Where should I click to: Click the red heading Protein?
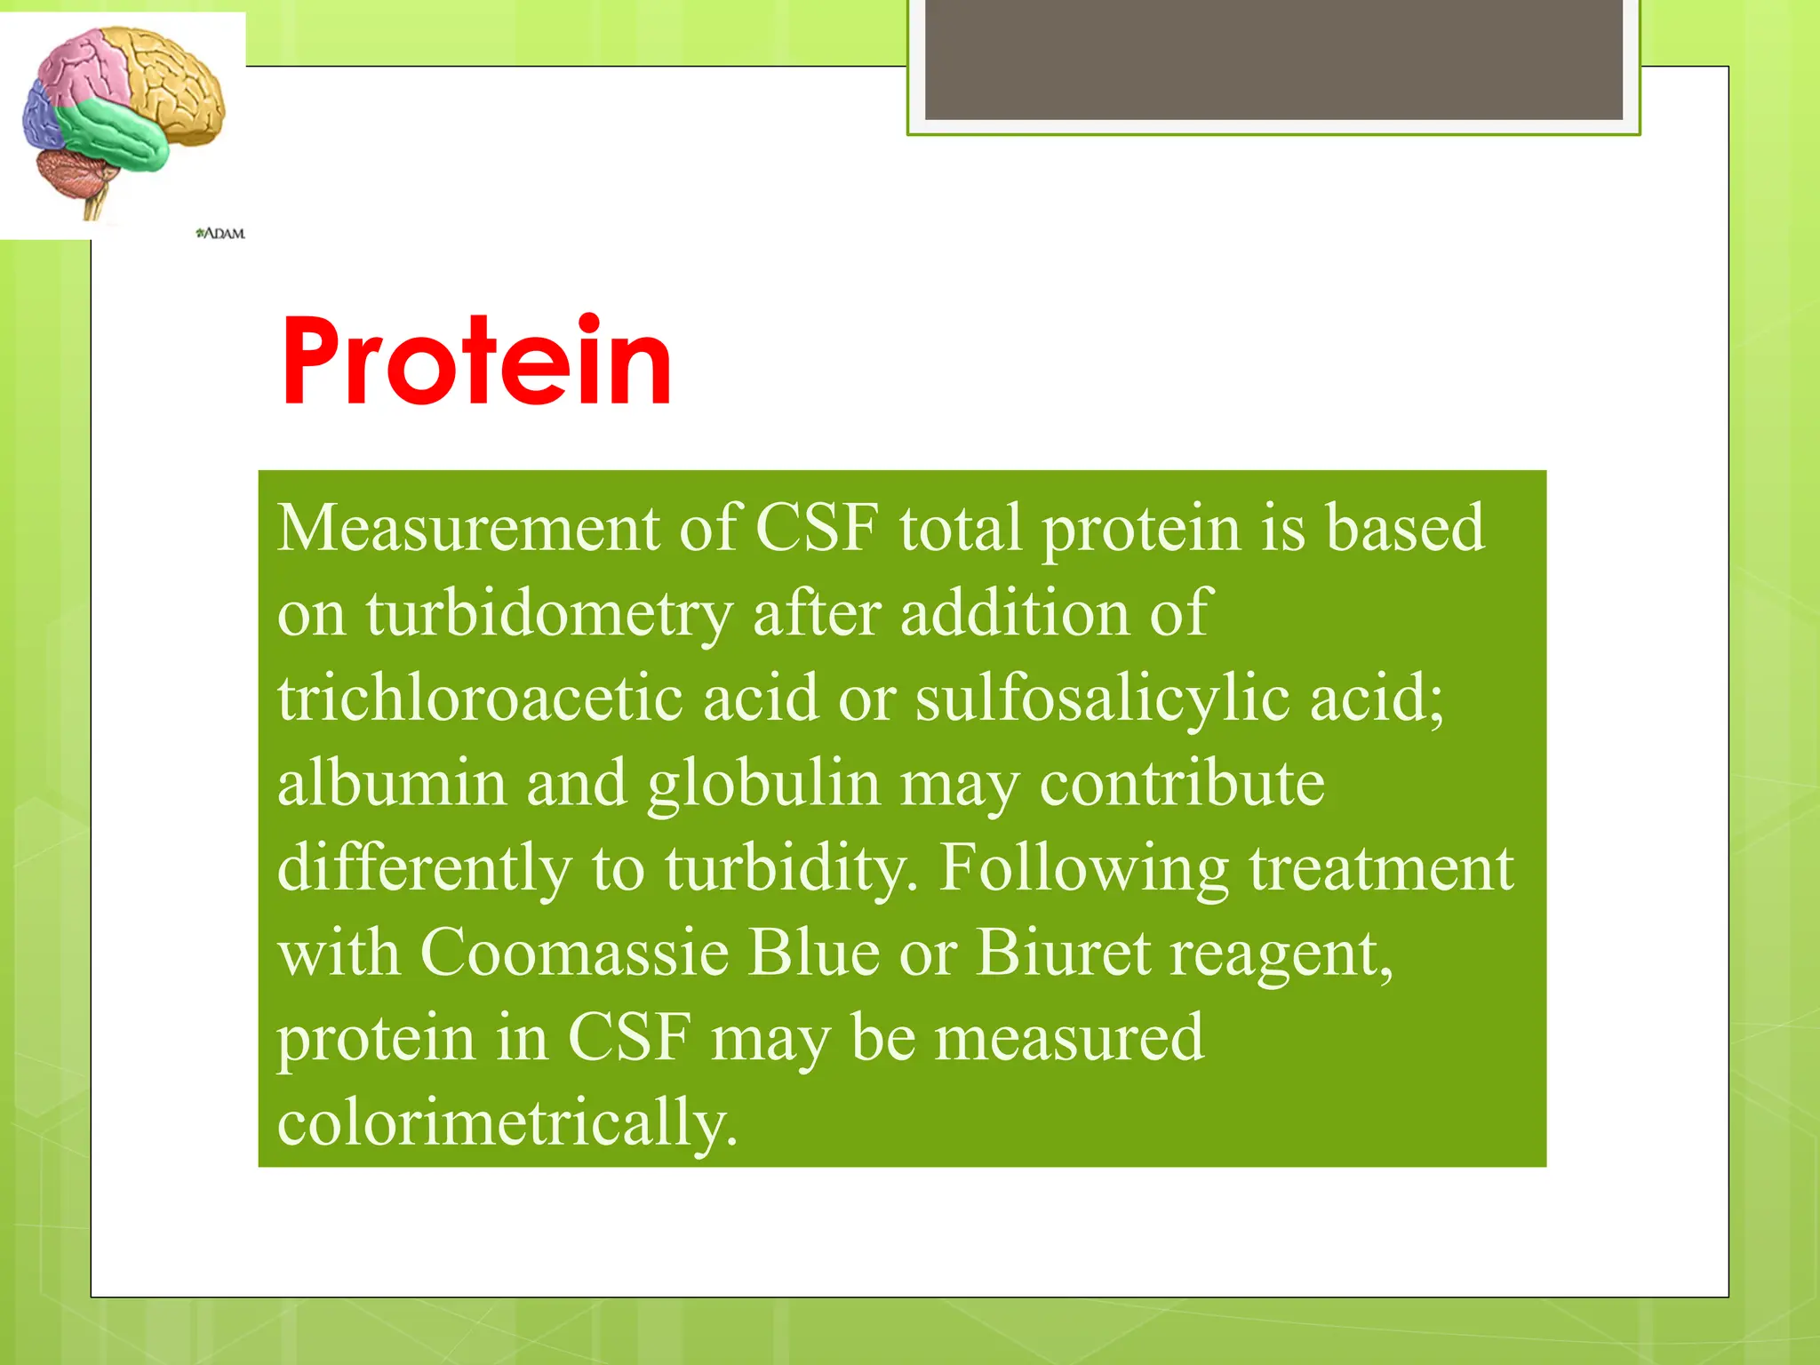click(476, 363)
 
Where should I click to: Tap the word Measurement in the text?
click(468, 528)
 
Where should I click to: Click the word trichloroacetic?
click(480, 698)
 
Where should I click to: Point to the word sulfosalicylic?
click(1102, 698)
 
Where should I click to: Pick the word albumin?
click(391, 784)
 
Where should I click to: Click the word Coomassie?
click(574, 953)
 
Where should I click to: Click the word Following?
click(1084, 869)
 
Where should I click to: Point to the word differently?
click(424, 869)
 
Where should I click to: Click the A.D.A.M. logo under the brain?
click(220, 234)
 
